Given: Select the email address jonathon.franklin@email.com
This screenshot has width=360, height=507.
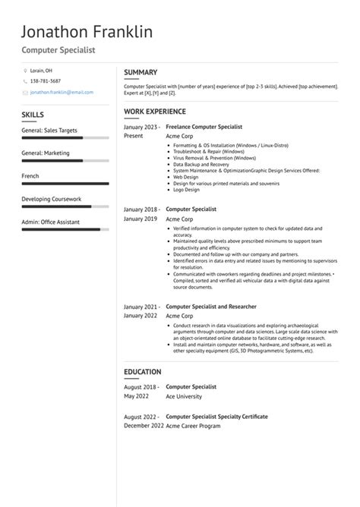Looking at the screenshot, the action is click(62, 92).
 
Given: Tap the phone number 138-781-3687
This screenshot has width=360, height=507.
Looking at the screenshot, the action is click(46, 80).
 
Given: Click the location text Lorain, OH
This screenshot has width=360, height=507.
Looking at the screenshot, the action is click(43, 70).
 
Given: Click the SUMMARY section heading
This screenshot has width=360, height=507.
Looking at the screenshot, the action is click(141, 72).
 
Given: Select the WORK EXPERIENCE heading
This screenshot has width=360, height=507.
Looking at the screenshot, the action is click(154, 112).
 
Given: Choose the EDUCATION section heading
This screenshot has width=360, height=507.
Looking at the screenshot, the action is click(143, 372).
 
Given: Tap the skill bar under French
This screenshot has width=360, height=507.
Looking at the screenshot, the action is click(63, 184).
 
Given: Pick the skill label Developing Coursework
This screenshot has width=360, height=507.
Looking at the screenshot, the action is click(51, 199).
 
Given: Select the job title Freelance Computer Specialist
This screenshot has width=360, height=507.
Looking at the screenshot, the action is click(204, 126).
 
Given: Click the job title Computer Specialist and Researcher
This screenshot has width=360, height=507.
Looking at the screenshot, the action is click(211, 307).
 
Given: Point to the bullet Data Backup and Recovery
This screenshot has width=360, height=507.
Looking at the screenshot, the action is click(201, 164).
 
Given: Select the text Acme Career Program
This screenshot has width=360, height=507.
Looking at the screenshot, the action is click(194, 427).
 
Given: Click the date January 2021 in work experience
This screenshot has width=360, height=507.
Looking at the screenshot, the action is click(141, 307).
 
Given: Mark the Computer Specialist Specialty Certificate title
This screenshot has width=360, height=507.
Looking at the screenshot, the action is click(216, 417).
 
